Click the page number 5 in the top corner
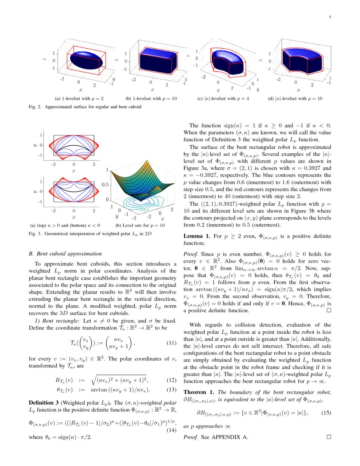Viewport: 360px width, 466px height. (x=330, y=17)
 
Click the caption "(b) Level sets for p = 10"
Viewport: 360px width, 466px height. (x=140, y=225)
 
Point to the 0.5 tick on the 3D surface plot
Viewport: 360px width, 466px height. (x=106, y=185)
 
